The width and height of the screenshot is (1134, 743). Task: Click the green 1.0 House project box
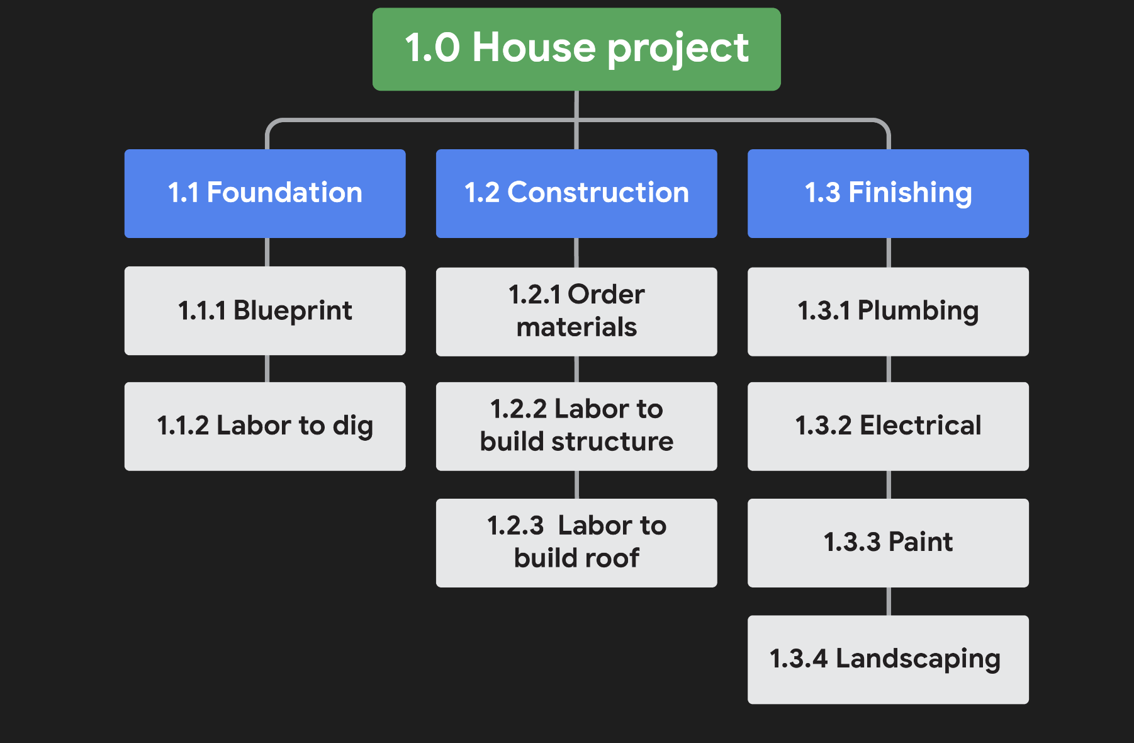click(x=576, y=49)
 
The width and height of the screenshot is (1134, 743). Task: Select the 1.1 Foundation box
click(x=265, y=193)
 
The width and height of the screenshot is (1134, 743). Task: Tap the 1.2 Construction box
click(x=576, y=193)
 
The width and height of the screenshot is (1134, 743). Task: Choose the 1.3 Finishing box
click(x=888, y=193)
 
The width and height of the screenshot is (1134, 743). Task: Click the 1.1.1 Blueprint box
click(x=265, y=311)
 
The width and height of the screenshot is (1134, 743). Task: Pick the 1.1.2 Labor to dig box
click(x=265, y=426)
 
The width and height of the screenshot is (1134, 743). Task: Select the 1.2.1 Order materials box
click(x=576, y=312)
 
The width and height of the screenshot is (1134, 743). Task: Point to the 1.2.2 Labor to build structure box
click(x=576, y=426)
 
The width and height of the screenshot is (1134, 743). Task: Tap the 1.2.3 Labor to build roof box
click(x=576, y=543)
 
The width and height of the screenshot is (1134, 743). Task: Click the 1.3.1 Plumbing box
click(x=888, y=312)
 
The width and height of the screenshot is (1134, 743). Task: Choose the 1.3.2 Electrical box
click(x=888, y=426)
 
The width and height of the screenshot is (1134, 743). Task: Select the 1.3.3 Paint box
click(x=888, y=543)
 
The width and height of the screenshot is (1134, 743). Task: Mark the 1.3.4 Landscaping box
click(x=888, y=659)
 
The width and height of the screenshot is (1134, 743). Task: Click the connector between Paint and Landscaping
click(x=889, y=601)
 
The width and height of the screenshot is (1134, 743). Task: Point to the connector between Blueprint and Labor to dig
click(x=267, y=368)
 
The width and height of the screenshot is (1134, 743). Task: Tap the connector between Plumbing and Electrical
click(x=889, y=369)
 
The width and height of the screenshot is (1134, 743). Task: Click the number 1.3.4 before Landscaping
click(x=798, y=659)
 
